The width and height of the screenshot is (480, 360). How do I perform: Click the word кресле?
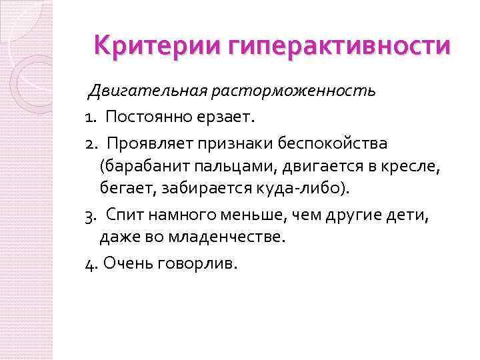(x=415, y=167)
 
